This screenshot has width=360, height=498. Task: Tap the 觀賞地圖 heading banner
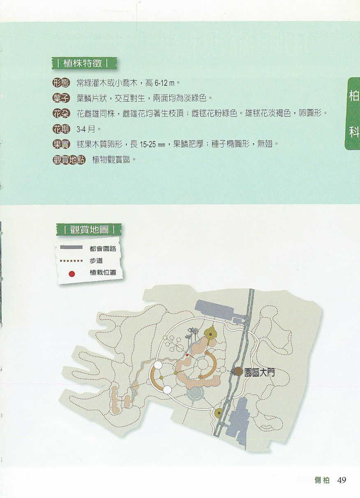(x=89, y=229)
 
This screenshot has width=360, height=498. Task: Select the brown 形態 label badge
(x=61, y=83)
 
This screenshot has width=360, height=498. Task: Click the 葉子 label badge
(x=61, y=98)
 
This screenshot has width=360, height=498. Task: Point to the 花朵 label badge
(x=61, y=114)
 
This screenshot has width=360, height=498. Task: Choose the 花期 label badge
(x=61, y=129)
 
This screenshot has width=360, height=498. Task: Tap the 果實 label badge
(x=61, y=144)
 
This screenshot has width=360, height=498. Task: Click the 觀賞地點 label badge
(x=69, y=160)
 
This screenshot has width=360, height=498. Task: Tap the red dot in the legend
(x=72, y=274)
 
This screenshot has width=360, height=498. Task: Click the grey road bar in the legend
(x=71, y=247)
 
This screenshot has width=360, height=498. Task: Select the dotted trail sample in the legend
(x=71, y=261)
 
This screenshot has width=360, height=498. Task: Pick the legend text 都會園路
(x=103, y=248)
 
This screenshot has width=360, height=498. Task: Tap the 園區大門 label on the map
(x=259, y=372)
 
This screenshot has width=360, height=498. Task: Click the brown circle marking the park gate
(x=238, y=372)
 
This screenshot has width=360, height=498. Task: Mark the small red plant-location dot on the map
(x=187, y=355)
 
